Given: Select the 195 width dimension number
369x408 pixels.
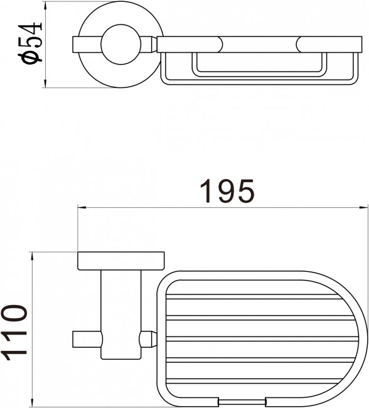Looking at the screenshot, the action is pos(227,191).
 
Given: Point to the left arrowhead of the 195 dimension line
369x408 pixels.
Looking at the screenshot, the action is pos(82,207).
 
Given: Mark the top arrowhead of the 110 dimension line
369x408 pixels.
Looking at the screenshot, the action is pos(32,255).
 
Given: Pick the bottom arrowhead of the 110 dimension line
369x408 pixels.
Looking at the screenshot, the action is pos(32,402).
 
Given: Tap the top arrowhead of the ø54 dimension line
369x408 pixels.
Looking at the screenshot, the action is pos(45,5).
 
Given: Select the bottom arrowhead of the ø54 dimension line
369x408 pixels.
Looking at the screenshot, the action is pos(45,83).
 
